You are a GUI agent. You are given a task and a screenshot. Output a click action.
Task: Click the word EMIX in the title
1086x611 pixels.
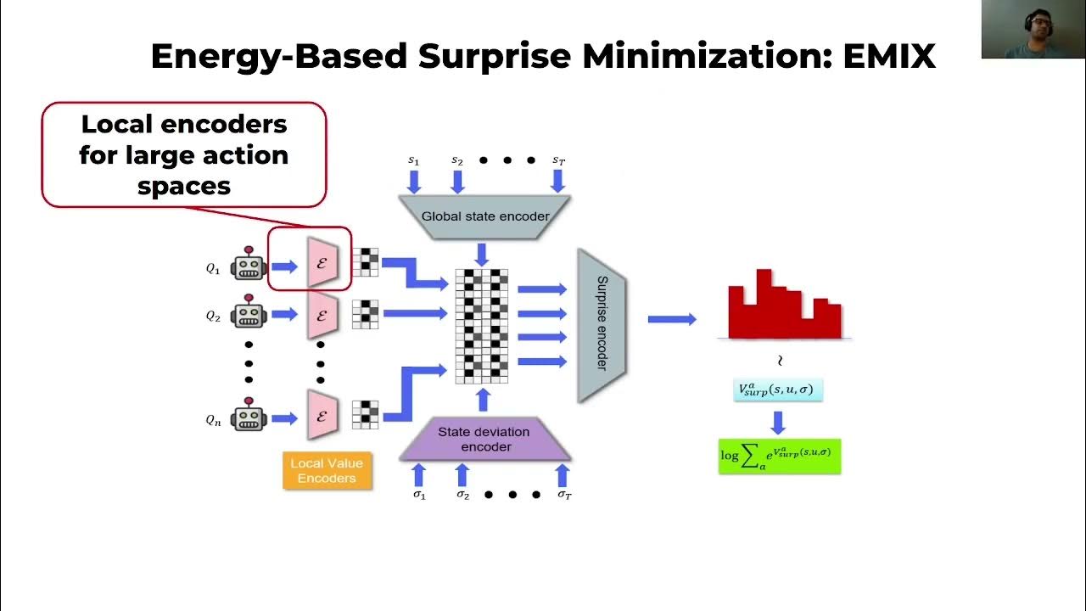888,56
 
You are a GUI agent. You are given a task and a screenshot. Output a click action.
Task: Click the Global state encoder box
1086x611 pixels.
485,216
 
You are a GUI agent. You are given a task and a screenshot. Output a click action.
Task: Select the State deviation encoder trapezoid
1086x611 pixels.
484,439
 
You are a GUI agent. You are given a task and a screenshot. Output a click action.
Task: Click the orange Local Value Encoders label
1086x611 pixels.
327,471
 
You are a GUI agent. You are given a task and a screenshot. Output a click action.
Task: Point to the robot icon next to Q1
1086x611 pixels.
249,266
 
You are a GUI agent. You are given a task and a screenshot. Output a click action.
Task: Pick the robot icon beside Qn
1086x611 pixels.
249,417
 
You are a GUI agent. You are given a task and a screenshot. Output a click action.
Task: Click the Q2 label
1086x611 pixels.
213,316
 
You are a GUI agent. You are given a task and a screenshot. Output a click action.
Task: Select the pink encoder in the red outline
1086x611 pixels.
322,263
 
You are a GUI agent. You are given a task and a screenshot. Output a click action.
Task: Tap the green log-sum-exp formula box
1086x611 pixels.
779,456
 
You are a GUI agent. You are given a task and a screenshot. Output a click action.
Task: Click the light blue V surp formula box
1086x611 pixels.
778,390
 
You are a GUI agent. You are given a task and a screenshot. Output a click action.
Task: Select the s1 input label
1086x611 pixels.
413,160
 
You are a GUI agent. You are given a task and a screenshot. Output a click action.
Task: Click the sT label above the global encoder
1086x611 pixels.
558,160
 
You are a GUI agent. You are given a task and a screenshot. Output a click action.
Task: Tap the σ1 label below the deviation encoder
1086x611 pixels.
419,495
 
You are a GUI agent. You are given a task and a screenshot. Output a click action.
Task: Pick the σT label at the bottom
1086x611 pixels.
564,495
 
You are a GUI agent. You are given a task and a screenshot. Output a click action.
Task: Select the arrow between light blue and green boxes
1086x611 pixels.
778,421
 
